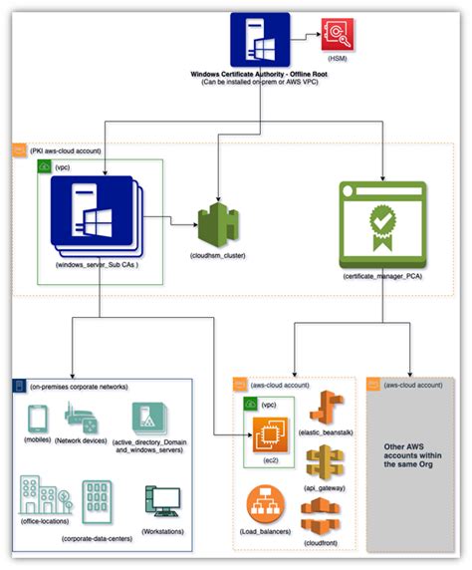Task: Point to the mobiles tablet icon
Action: pos(34,419)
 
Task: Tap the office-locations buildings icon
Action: pos(39,494)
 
